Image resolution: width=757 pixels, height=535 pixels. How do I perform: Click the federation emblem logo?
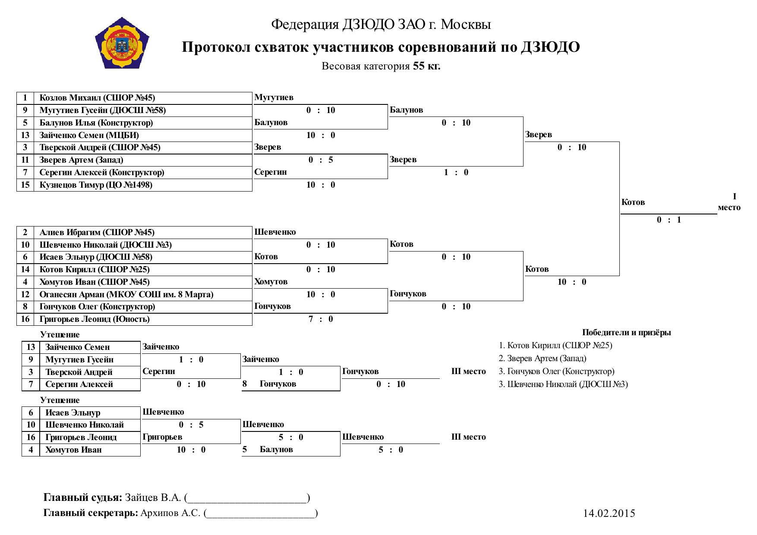(122, 43)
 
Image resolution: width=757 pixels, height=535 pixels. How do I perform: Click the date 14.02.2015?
(609, 513)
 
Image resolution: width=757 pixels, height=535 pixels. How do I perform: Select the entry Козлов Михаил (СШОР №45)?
(97, 98)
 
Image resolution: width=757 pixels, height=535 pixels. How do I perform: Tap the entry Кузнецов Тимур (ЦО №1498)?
(96, 185)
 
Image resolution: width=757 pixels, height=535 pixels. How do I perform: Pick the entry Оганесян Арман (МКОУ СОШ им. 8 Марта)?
(126, 295)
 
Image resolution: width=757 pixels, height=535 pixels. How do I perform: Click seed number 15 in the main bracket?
(25, 185)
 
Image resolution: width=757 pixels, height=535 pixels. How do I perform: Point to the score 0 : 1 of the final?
(669, 220)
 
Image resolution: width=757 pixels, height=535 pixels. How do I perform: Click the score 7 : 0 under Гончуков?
(321, 319)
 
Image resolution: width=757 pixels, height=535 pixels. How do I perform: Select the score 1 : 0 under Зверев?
(456, 173)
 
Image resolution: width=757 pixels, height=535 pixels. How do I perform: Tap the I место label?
(729, 202)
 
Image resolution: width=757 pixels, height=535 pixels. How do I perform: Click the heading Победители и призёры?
(627, 333)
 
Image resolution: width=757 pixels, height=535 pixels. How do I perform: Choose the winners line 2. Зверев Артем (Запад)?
(543, 359)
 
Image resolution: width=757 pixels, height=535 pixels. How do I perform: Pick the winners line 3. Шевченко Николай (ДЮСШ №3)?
(563, 384)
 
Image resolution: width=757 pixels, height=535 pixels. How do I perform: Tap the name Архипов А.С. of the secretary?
(170, 513)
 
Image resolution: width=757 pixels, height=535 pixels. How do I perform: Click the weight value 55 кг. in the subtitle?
(427, 66)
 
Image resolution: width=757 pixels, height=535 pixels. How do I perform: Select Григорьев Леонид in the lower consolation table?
(81, 437)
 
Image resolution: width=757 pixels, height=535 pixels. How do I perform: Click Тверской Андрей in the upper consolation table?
(79, 372)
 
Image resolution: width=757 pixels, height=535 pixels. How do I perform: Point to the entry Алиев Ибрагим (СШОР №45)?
(97, 233)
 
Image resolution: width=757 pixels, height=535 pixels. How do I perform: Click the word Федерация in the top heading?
(305, 25)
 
